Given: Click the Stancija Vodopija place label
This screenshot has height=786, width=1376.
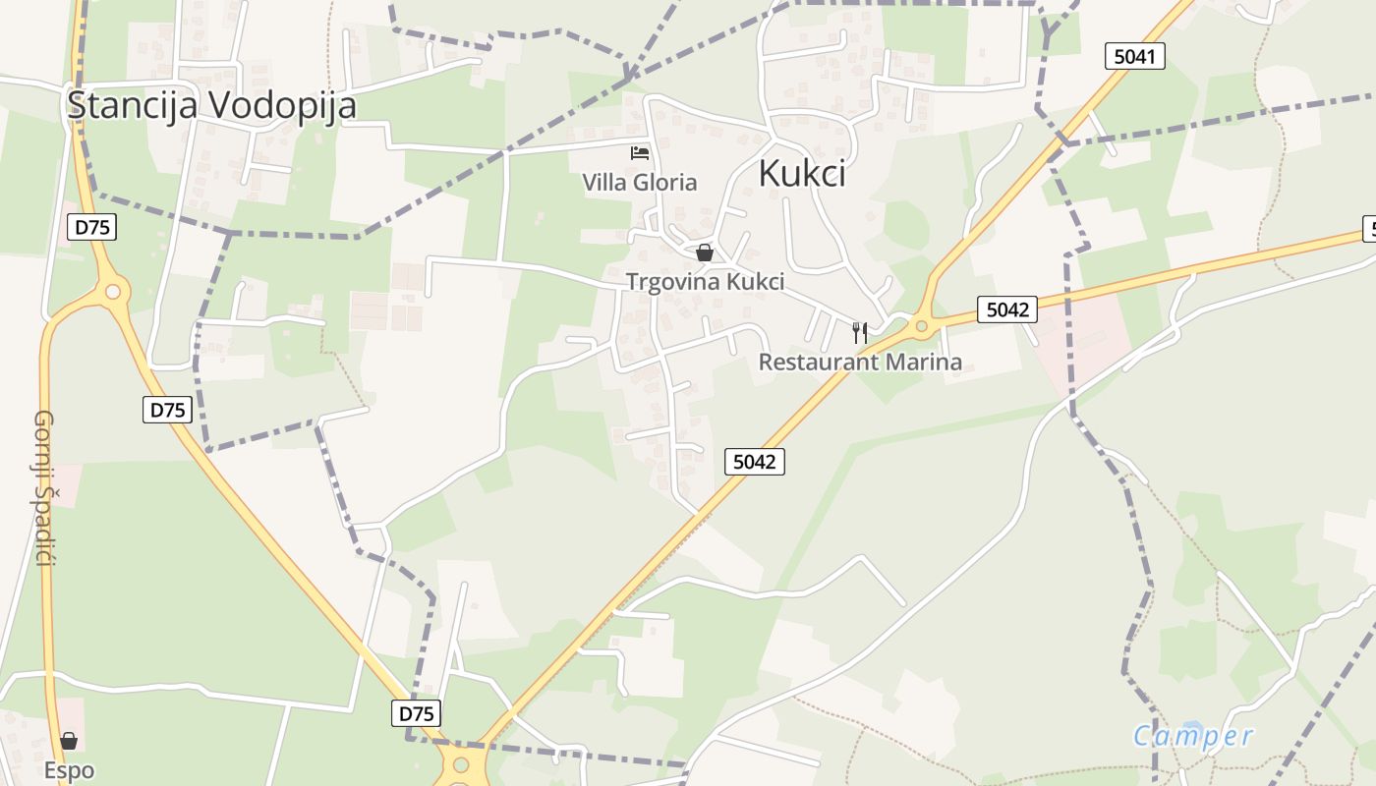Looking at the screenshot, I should (211, 106).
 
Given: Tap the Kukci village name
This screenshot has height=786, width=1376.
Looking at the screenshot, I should (802, 174).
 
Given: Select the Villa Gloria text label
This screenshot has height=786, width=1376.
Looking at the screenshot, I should (640, 182).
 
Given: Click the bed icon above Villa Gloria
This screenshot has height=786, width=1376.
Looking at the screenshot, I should (640, 153).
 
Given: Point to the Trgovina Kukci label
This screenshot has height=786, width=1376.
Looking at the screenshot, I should (706, 282).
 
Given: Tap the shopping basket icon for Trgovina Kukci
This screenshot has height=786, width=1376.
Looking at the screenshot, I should (705, 253).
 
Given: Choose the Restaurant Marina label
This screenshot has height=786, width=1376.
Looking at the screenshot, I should (860, 362).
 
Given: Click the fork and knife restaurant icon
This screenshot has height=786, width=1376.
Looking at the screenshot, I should (860, 333).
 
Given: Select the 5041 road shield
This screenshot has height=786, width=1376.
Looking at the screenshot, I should (1134, 56).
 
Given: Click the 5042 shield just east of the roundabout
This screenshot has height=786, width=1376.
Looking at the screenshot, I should (1007, 309).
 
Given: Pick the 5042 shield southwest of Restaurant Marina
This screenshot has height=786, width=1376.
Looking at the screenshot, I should (755, 461).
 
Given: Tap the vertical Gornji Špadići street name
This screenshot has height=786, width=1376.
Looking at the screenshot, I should (43, 488).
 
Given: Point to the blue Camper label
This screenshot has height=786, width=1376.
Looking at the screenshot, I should (1193, 736).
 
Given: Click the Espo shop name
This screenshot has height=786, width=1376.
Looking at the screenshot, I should (69, 769).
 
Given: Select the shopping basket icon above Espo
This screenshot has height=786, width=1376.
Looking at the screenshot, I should (69, 741).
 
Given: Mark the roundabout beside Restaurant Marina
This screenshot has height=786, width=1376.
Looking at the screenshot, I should (921, 325).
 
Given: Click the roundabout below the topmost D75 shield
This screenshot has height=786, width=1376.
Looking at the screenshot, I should (114, 292).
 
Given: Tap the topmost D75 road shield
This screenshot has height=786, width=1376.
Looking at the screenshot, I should (92, 227).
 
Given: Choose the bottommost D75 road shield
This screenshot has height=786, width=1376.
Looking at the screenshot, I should (417, 712).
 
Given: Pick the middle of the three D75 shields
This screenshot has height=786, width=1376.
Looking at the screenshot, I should (167, 409).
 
